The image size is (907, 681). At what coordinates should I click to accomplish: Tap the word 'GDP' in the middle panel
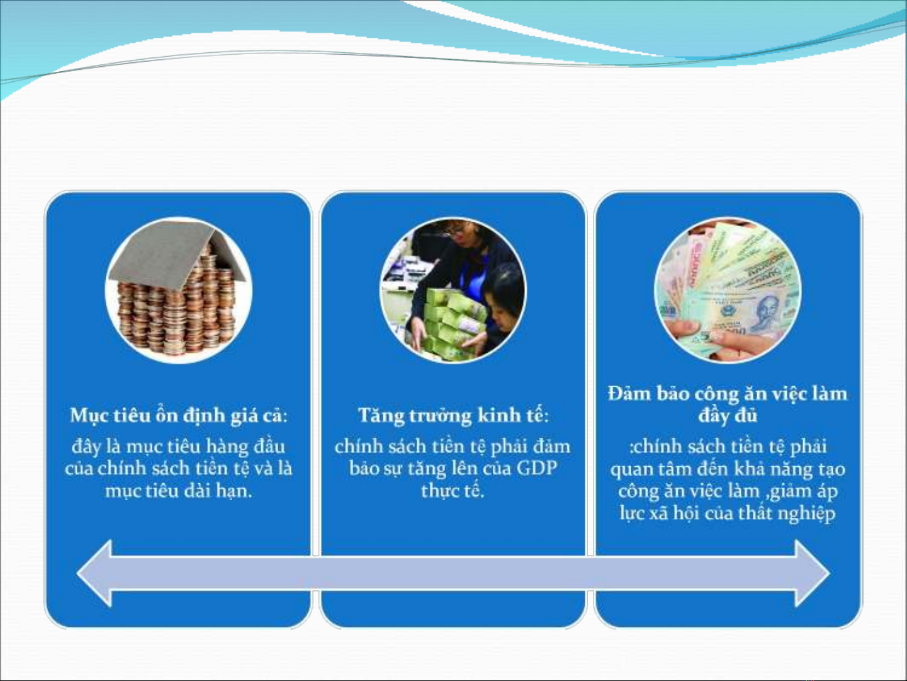[537, 469]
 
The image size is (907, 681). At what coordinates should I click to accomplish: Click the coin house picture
[179, 290]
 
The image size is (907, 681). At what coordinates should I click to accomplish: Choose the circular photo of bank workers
[453, 290]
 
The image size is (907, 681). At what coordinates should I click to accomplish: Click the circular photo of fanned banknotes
[728, 290]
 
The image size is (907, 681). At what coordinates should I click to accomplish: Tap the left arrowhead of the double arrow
[95, 573]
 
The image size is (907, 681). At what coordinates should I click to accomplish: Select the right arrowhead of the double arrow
[813, 573]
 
